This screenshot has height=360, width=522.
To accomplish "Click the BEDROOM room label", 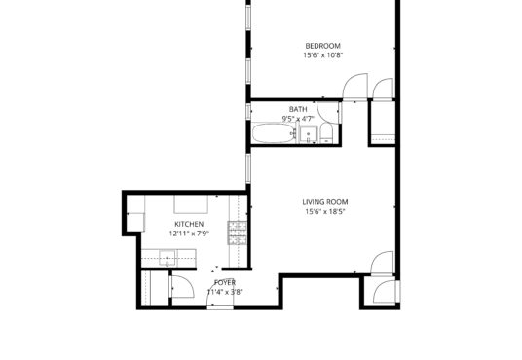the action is click(322, 46).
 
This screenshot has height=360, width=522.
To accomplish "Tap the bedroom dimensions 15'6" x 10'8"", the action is click(322, 55).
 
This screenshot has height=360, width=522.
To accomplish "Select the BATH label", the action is click(298, 109).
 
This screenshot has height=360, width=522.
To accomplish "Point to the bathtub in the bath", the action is click(274, 133).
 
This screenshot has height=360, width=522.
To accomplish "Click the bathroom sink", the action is click(309, 134).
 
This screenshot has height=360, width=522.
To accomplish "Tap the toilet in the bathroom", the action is click(326, 132).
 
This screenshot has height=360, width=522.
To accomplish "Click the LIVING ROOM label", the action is click(325, 202).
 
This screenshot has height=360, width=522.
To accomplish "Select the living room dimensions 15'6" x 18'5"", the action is click(325, 211).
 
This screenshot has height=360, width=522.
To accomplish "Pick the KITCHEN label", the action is click(189, 224).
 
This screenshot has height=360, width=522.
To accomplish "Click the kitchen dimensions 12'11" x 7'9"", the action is click(189, 234).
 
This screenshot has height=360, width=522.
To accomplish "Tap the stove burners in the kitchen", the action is click(238, 233).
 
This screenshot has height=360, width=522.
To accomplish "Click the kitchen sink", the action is click(168, 259).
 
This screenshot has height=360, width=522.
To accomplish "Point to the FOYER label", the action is click(225, 283).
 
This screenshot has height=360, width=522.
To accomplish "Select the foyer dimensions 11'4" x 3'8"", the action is click(225, 293).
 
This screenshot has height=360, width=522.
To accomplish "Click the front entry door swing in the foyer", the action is click(220, 293).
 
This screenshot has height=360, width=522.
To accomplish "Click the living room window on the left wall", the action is click(248, 168).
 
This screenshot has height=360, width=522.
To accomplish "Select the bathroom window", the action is click(248, 111).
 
